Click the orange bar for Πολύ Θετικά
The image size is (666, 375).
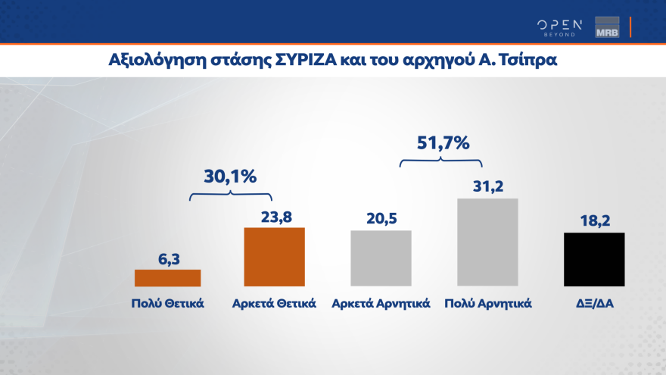(x=167, y=278)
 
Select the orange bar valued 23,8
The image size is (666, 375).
(x=274, y=257)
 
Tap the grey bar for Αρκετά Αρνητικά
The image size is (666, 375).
(x=381, y=258)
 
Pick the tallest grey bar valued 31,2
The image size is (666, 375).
(x=487, y=242)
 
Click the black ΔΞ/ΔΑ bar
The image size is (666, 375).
(x=594, y=259)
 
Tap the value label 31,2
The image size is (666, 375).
(x=487, y=186)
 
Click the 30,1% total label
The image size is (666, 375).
(x=231, y=176)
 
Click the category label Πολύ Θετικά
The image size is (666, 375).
(x=167, y=304)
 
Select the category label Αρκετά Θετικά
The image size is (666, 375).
(x=274, y=304)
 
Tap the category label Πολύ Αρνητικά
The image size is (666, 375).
(x=487, y=304)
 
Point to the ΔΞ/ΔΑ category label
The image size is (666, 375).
(x=594, y=304)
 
